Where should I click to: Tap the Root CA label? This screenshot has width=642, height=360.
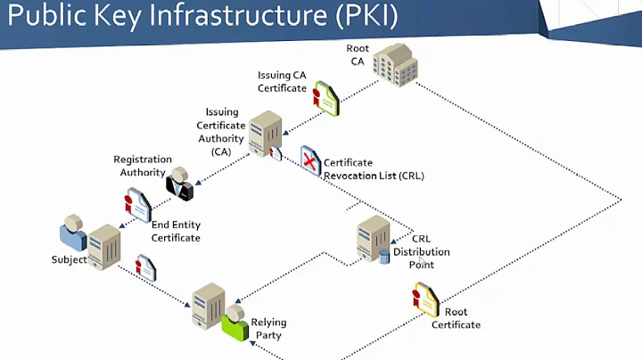click(358, 55)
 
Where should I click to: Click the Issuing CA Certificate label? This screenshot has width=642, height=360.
click(282, 81)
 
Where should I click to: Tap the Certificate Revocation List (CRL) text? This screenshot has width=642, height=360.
click(374, 169)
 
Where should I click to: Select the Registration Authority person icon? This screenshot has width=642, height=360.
click(178, 183)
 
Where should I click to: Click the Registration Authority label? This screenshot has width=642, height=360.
click(143, 166)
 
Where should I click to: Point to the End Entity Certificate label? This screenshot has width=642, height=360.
click(176, 232)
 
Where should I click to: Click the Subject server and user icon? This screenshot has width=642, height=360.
click(89, 238)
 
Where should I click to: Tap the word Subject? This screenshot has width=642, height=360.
click(68, 260)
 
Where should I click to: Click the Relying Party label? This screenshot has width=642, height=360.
click(267, 329)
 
